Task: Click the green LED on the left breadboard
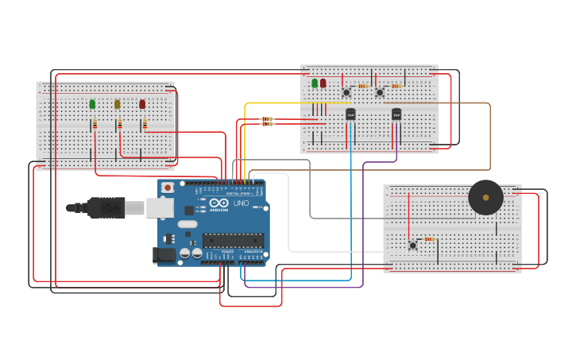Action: pyautogui.click(x=92, y=104)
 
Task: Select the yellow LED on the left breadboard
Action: pyautogui.click(x=118, y=104)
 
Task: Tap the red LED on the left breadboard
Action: pyautogui.click(x=142, y=104)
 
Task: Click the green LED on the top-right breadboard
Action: pyautogui.click(x=315, y=83)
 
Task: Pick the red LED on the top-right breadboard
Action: pyautogui.click(x=323, y=83)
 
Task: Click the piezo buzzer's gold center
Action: pyautogui.click(x=485, y=197)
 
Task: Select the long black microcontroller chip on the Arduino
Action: pyautogui.click(x=233, y=240)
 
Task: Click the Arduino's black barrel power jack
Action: pyautogui.click(x=164, y=255)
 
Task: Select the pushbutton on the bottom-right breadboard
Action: pyautogui.click(x=412, y=245)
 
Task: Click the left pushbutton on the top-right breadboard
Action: pyautogui.click(x=346, y=92)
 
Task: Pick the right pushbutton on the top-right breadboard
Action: pyautogui.click(x=380, y=92)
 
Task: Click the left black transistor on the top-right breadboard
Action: pyautogui.click(x=350, y=114)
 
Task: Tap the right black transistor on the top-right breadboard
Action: pyautogui.click(x=396, y=114)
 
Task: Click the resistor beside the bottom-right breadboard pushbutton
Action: pyautogui.click(x=429, y=238)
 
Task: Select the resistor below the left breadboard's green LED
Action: pyautogui.click(x=95, y=123)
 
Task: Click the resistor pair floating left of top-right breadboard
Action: pyautogui.click(x=267, y=122)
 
